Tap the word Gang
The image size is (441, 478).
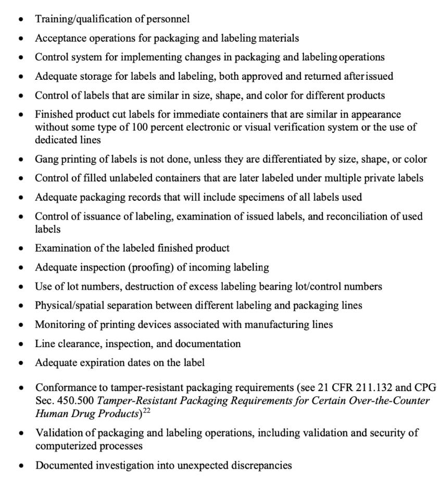[46, 159]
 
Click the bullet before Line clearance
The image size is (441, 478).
[20, 344]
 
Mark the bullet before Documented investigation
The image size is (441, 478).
[20, 466]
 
